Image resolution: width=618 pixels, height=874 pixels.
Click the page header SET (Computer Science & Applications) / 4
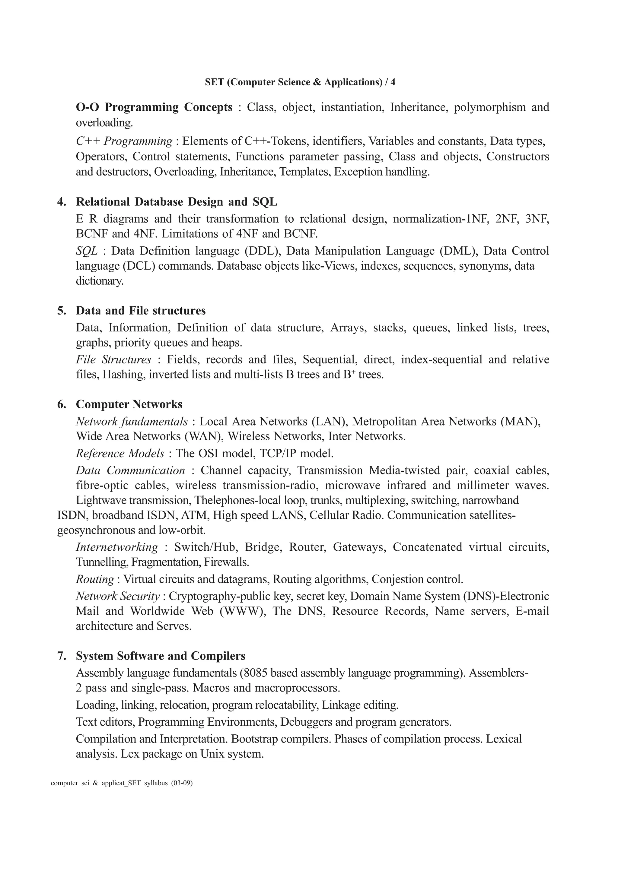300,82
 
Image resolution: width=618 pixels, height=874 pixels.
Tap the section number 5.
61,311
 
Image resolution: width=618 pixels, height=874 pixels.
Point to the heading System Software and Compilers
160,656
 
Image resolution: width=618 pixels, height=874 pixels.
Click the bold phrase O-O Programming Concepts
154,107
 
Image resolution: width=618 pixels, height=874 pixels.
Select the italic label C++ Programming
124,141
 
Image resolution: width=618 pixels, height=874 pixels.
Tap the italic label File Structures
113,360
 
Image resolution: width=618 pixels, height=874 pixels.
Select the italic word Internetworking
116,547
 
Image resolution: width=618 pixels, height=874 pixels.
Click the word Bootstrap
256,739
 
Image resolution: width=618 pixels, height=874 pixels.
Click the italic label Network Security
117,596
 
